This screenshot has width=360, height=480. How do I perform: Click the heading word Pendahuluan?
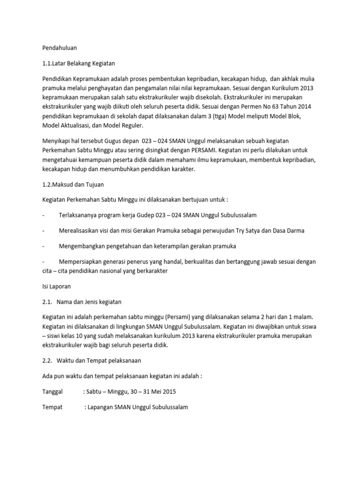click(x=59, y=48)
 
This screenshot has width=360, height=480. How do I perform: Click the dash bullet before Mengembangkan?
click(x=44, y=246)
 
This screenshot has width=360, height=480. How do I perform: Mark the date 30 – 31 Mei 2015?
click(x=150, y=391)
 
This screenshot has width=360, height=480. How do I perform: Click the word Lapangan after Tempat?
click(x=100, y=407)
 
